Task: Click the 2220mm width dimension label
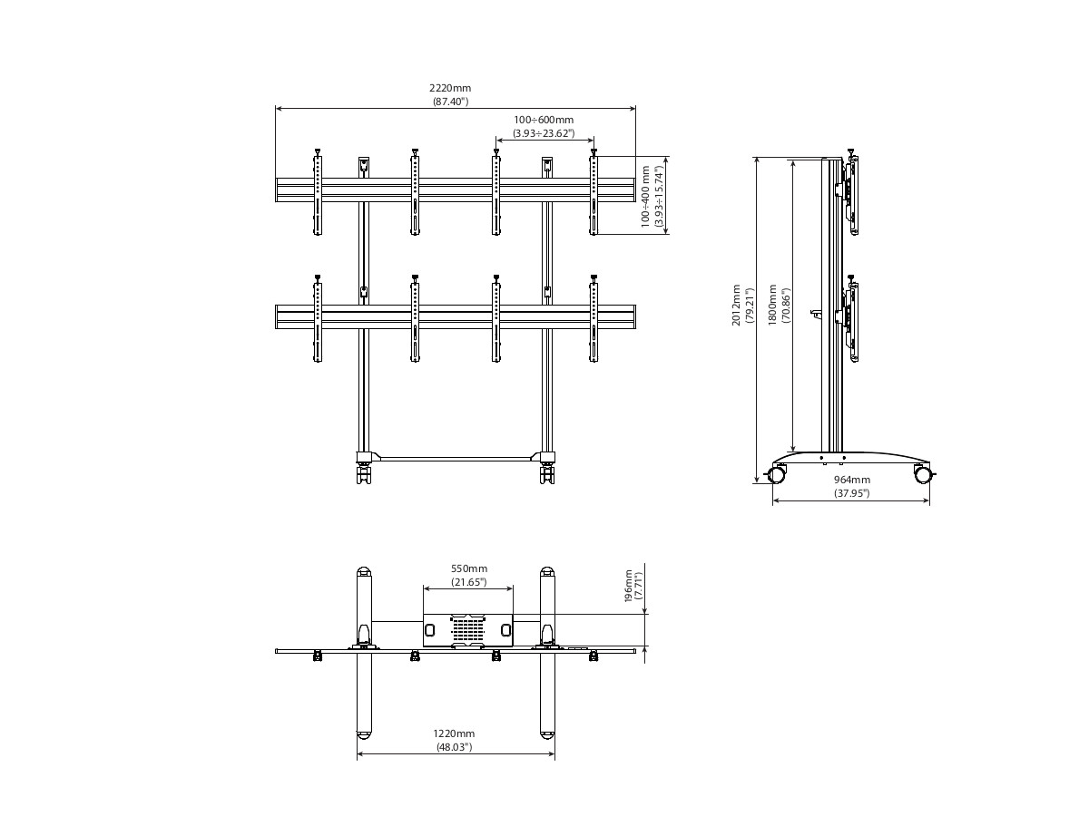[450, 88]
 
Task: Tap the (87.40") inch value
[450, 102]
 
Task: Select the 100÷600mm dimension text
[544, 120]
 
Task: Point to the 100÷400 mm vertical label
[645, 197]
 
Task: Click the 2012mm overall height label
[736, 306]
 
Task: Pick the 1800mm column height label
[772, 305]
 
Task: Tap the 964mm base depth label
[852, 480]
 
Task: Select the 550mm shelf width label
[469, 568]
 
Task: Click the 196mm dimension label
[629, 586]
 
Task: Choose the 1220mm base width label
[454, 733]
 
